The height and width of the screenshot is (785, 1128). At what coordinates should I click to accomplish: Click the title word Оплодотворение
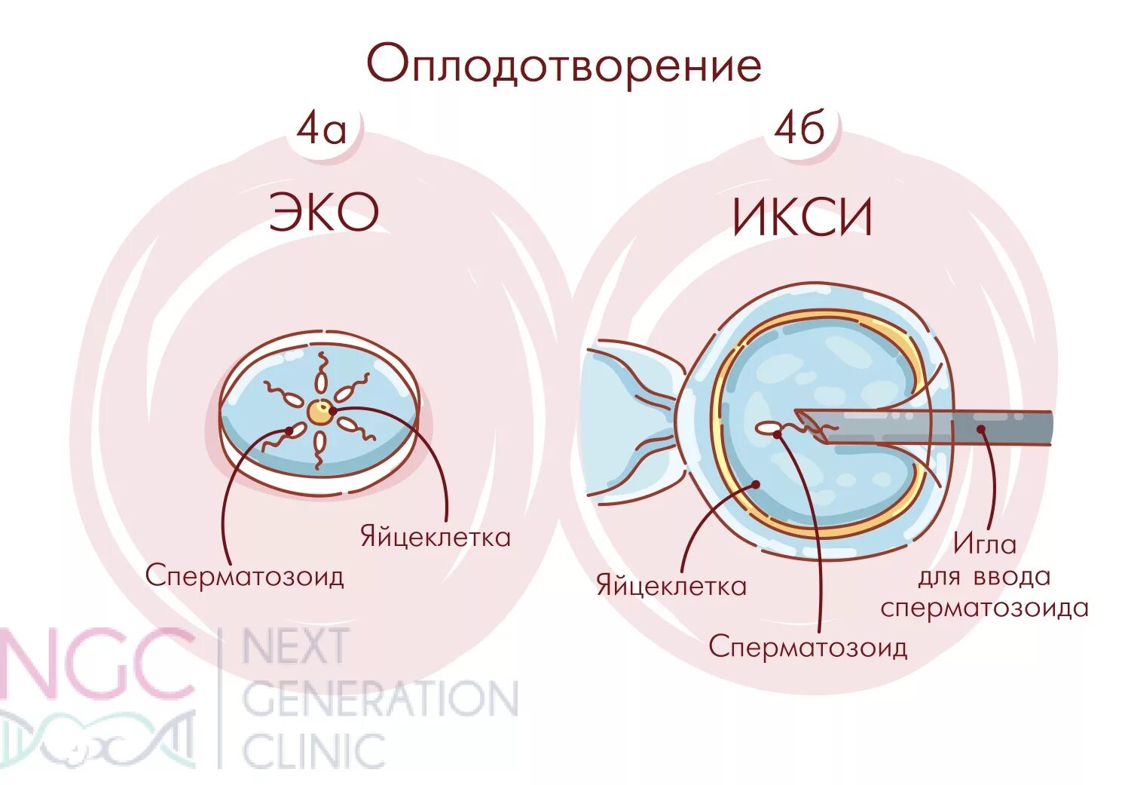564,66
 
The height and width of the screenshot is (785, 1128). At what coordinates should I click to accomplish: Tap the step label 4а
322,129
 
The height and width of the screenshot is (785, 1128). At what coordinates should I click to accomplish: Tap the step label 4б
799,128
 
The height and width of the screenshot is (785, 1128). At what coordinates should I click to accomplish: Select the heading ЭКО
324,213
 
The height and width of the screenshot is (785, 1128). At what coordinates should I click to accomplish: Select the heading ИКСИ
802,218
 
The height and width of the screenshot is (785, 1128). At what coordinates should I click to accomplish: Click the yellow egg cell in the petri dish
320,412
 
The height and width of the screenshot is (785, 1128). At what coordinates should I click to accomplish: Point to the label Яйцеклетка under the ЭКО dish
435,537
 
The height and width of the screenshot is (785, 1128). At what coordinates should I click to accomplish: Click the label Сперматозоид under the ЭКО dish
244,575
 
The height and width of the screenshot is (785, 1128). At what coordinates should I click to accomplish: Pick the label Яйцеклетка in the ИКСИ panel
671,585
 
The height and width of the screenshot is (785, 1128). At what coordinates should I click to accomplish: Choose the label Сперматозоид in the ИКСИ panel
807,646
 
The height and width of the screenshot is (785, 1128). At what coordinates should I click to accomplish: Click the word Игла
984,543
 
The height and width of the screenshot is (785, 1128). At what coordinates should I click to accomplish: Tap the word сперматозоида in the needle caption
984,608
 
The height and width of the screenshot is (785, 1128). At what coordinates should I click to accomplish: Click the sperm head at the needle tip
768,428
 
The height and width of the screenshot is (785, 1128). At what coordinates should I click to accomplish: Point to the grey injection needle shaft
942,427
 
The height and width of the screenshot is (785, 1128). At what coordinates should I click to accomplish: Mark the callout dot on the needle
981,429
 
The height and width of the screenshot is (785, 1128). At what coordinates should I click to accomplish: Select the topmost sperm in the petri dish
320,373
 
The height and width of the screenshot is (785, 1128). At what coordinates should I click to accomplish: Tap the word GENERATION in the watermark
380,699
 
